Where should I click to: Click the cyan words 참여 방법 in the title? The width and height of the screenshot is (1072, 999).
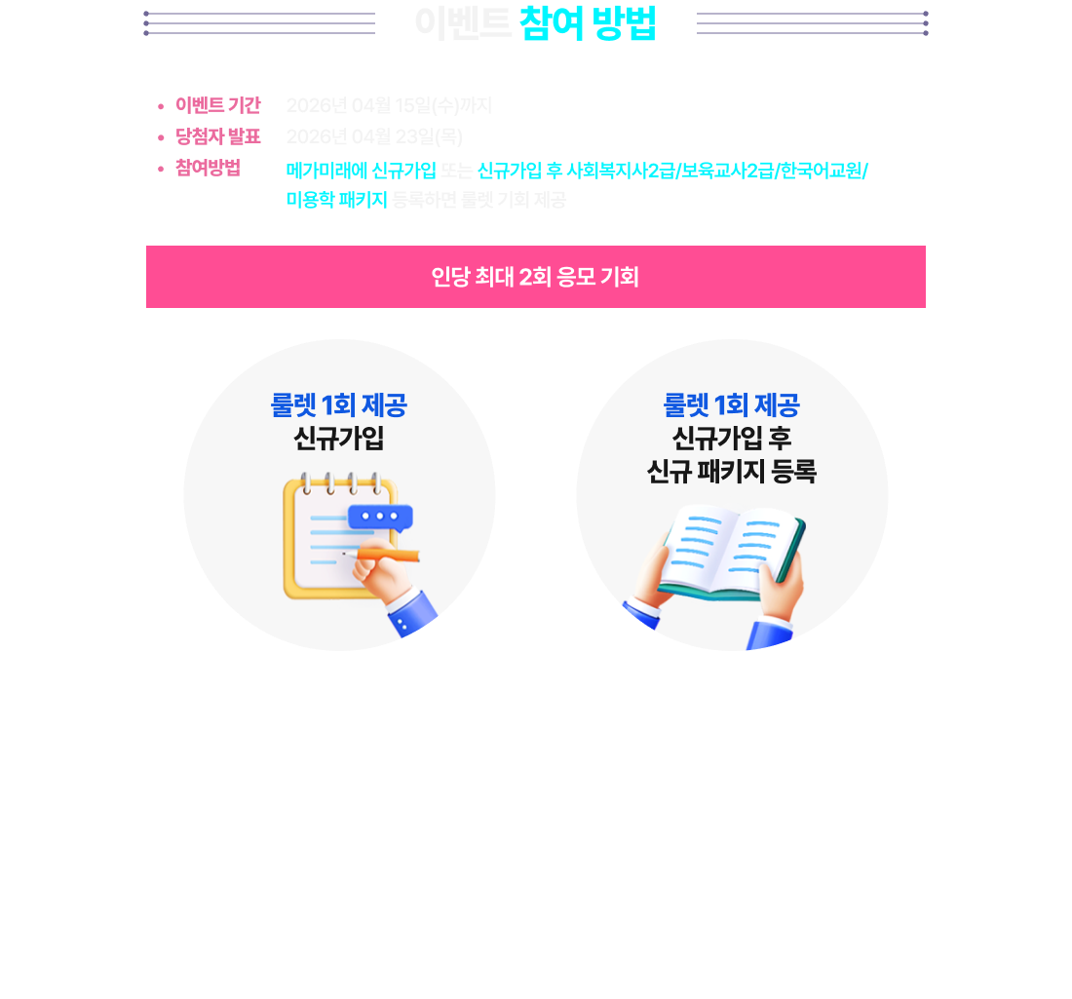point(588,23)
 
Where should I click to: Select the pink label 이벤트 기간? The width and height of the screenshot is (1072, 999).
point(217,105)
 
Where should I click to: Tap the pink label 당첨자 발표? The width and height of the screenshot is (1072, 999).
point(217,136)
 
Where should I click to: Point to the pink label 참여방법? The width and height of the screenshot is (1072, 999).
point(208,168)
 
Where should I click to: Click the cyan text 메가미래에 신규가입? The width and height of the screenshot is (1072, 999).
point(361,172)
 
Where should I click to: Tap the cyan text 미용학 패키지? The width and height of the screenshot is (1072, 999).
point(336,201)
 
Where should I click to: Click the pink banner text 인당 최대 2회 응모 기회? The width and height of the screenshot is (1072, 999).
point(535,277)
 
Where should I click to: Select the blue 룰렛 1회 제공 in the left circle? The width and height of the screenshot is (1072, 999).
point(338,404)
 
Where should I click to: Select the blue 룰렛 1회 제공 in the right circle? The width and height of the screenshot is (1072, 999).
point(731,404)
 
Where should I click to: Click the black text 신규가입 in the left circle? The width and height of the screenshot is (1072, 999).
point(338,439)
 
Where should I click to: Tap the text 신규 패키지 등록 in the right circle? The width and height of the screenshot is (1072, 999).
point(731,473)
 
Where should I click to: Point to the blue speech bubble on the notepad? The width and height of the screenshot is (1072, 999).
point(380,517)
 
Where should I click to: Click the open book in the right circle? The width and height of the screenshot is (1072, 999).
point(731,551)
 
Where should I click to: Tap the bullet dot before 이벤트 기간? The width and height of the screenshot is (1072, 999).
point(161,105)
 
